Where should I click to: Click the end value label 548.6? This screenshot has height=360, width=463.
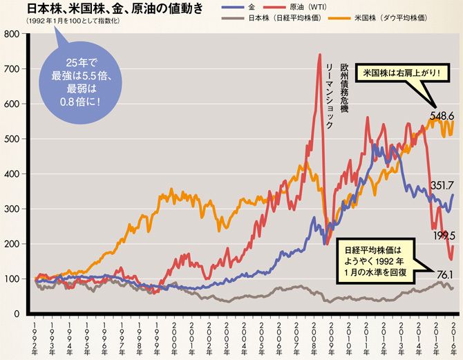(441, 115)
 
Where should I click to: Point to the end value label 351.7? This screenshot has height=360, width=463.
(442, 185)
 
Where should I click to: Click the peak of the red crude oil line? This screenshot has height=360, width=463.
(319, 55)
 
